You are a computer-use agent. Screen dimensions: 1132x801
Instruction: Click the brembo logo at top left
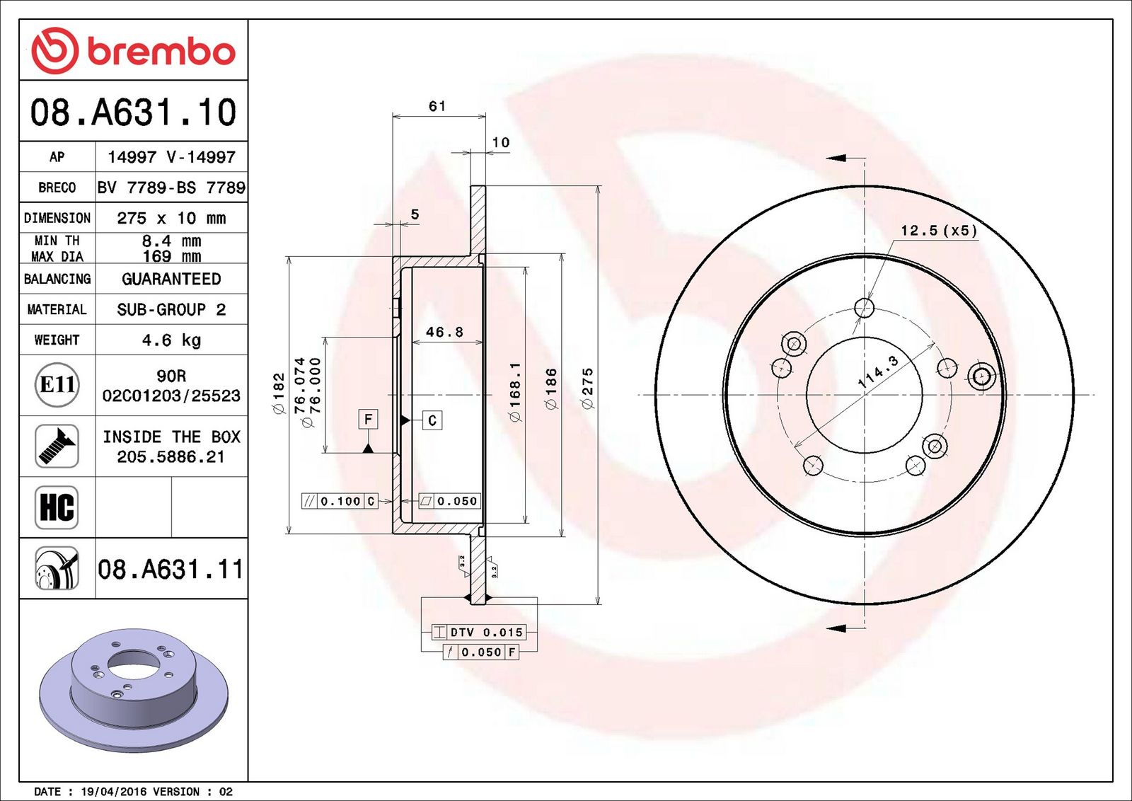(134, 50)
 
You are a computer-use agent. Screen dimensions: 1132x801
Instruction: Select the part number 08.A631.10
(134, 112)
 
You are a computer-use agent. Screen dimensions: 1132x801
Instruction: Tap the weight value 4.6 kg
(171, 340)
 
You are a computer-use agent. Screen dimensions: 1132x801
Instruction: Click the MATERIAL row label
(57, 309)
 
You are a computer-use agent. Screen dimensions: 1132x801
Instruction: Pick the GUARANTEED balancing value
(171, 279)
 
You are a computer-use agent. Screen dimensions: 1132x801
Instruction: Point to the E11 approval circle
(57, 385)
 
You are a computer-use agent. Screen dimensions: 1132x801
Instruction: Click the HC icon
(57, 507)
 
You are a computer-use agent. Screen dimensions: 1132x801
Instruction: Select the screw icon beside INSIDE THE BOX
(57, 446)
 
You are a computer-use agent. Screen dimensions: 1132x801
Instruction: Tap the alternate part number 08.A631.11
(171, 570)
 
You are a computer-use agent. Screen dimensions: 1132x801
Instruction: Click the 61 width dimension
(437, 106)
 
